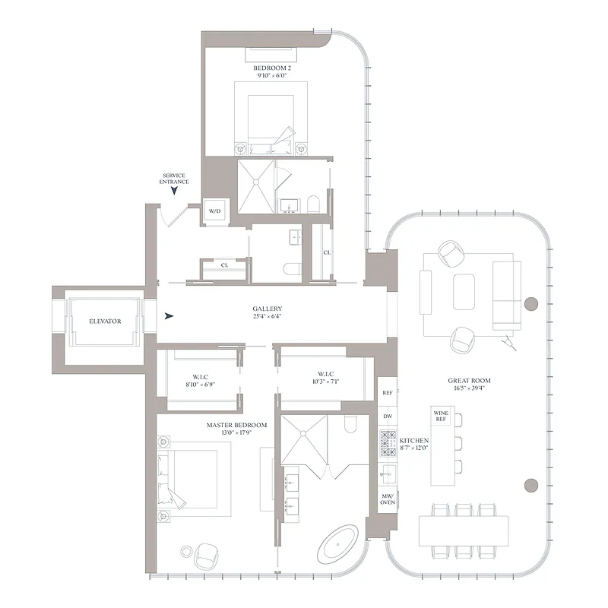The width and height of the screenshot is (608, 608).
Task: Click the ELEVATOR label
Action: tap(105, 321)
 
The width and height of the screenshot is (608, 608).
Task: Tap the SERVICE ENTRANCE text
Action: tap(174, 179)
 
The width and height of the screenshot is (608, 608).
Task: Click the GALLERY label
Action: tap(268, 309)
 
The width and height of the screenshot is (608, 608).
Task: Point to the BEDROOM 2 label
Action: tap(272, 68)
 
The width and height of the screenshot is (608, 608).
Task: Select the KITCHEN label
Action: tap(415, 441)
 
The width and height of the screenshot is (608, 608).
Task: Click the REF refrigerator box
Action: tap(387, 394)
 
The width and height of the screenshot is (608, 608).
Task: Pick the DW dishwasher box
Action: tap(387, 416)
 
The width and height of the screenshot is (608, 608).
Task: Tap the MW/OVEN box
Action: tap(387, 499)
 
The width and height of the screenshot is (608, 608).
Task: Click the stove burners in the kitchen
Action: tap(387, 444)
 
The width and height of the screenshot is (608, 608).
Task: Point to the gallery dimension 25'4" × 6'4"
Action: tap(268, 317)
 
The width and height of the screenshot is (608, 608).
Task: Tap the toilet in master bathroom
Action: tap(351, 423)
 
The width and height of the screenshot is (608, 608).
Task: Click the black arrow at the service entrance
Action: tap(174, 193)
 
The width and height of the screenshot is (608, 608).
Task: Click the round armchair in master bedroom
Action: tap(206, 556)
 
